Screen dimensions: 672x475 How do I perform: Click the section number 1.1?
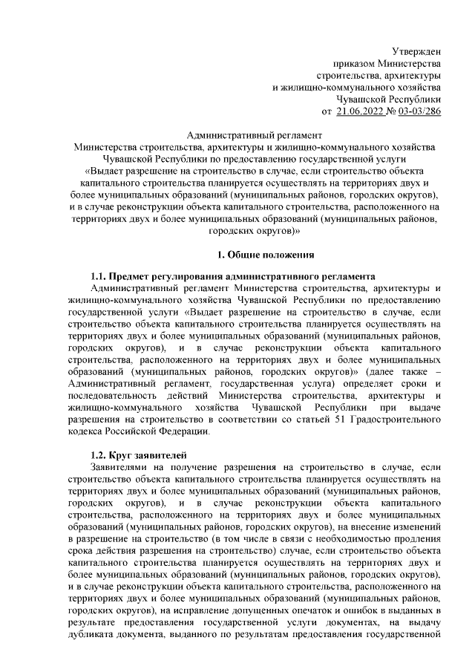pyautogui.click(x=100, y=277)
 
